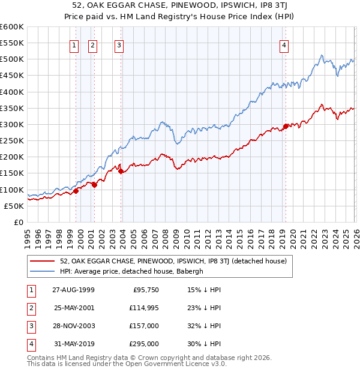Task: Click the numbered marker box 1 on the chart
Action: tap(74, 44)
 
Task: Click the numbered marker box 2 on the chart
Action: tap(93, 44)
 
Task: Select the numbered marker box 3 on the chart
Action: tap(119, 44)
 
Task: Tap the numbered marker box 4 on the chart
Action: tap(283, 44)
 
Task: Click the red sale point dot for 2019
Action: tap(286, 126)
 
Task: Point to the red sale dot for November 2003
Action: tap(121, 171)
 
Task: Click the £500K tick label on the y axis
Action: tap(11, 59)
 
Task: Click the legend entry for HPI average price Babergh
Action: tap(131, 271)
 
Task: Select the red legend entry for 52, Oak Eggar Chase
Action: tap(173, 261)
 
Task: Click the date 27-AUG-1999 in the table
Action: tap(73, 289)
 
